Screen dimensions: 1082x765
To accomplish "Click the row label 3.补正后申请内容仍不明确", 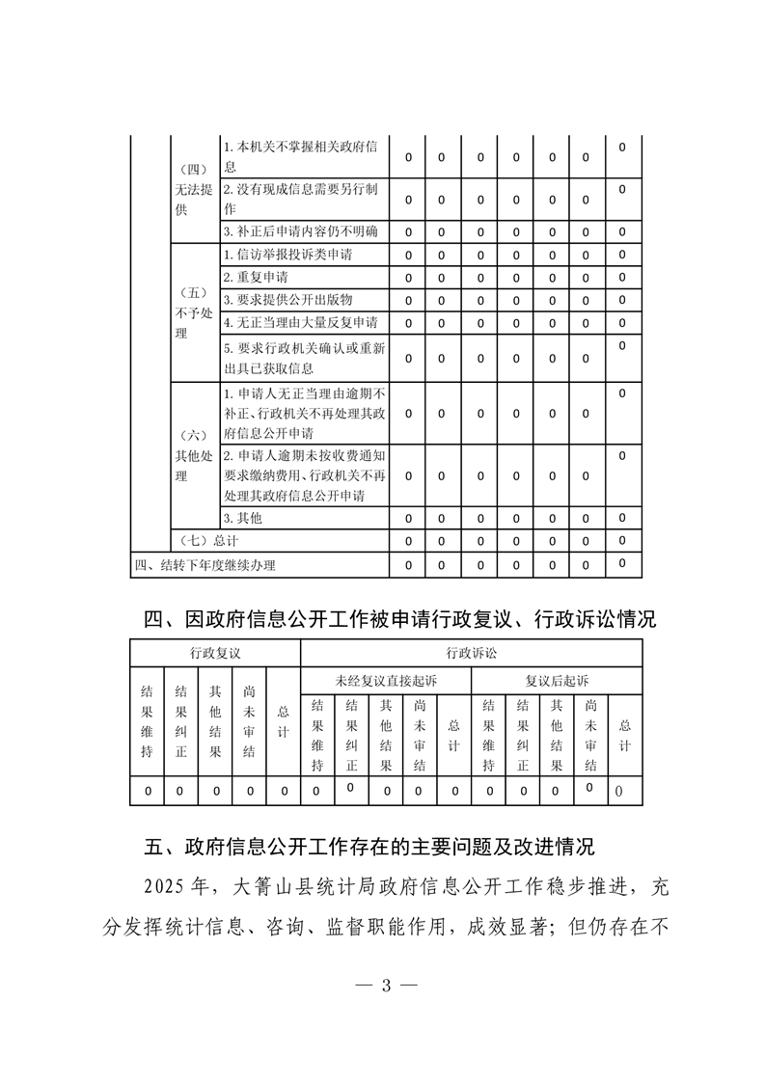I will click(x=300, y=232).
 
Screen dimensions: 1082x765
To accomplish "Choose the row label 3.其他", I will click(x=242, y=518).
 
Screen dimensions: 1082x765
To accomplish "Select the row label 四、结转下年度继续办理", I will click(x=209, y=564).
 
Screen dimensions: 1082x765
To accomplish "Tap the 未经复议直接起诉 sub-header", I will click(x=386, y=680).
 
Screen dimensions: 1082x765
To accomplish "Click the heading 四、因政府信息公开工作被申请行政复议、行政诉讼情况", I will click(x=399, y=619).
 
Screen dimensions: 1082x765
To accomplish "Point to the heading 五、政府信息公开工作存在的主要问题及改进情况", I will click(x=369, y=848).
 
